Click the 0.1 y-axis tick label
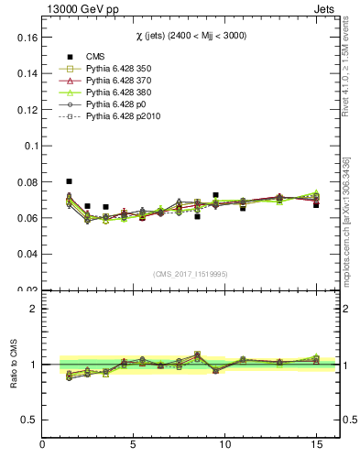(x=29, y=146)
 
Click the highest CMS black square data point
(x=69, y=181)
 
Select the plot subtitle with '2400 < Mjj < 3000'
(x=187, y=35)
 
